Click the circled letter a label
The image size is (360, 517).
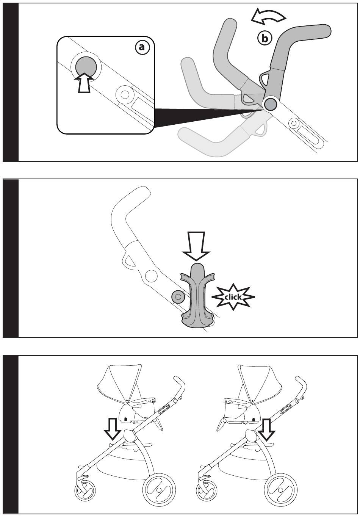tap(142, 47)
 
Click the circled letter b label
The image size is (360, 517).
tap(265, 38)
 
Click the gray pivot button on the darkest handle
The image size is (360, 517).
tap(271, 105)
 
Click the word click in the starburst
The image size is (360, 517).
tap(233, 297)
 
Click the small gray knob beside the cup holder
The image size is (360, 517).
tap(178, 297)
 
